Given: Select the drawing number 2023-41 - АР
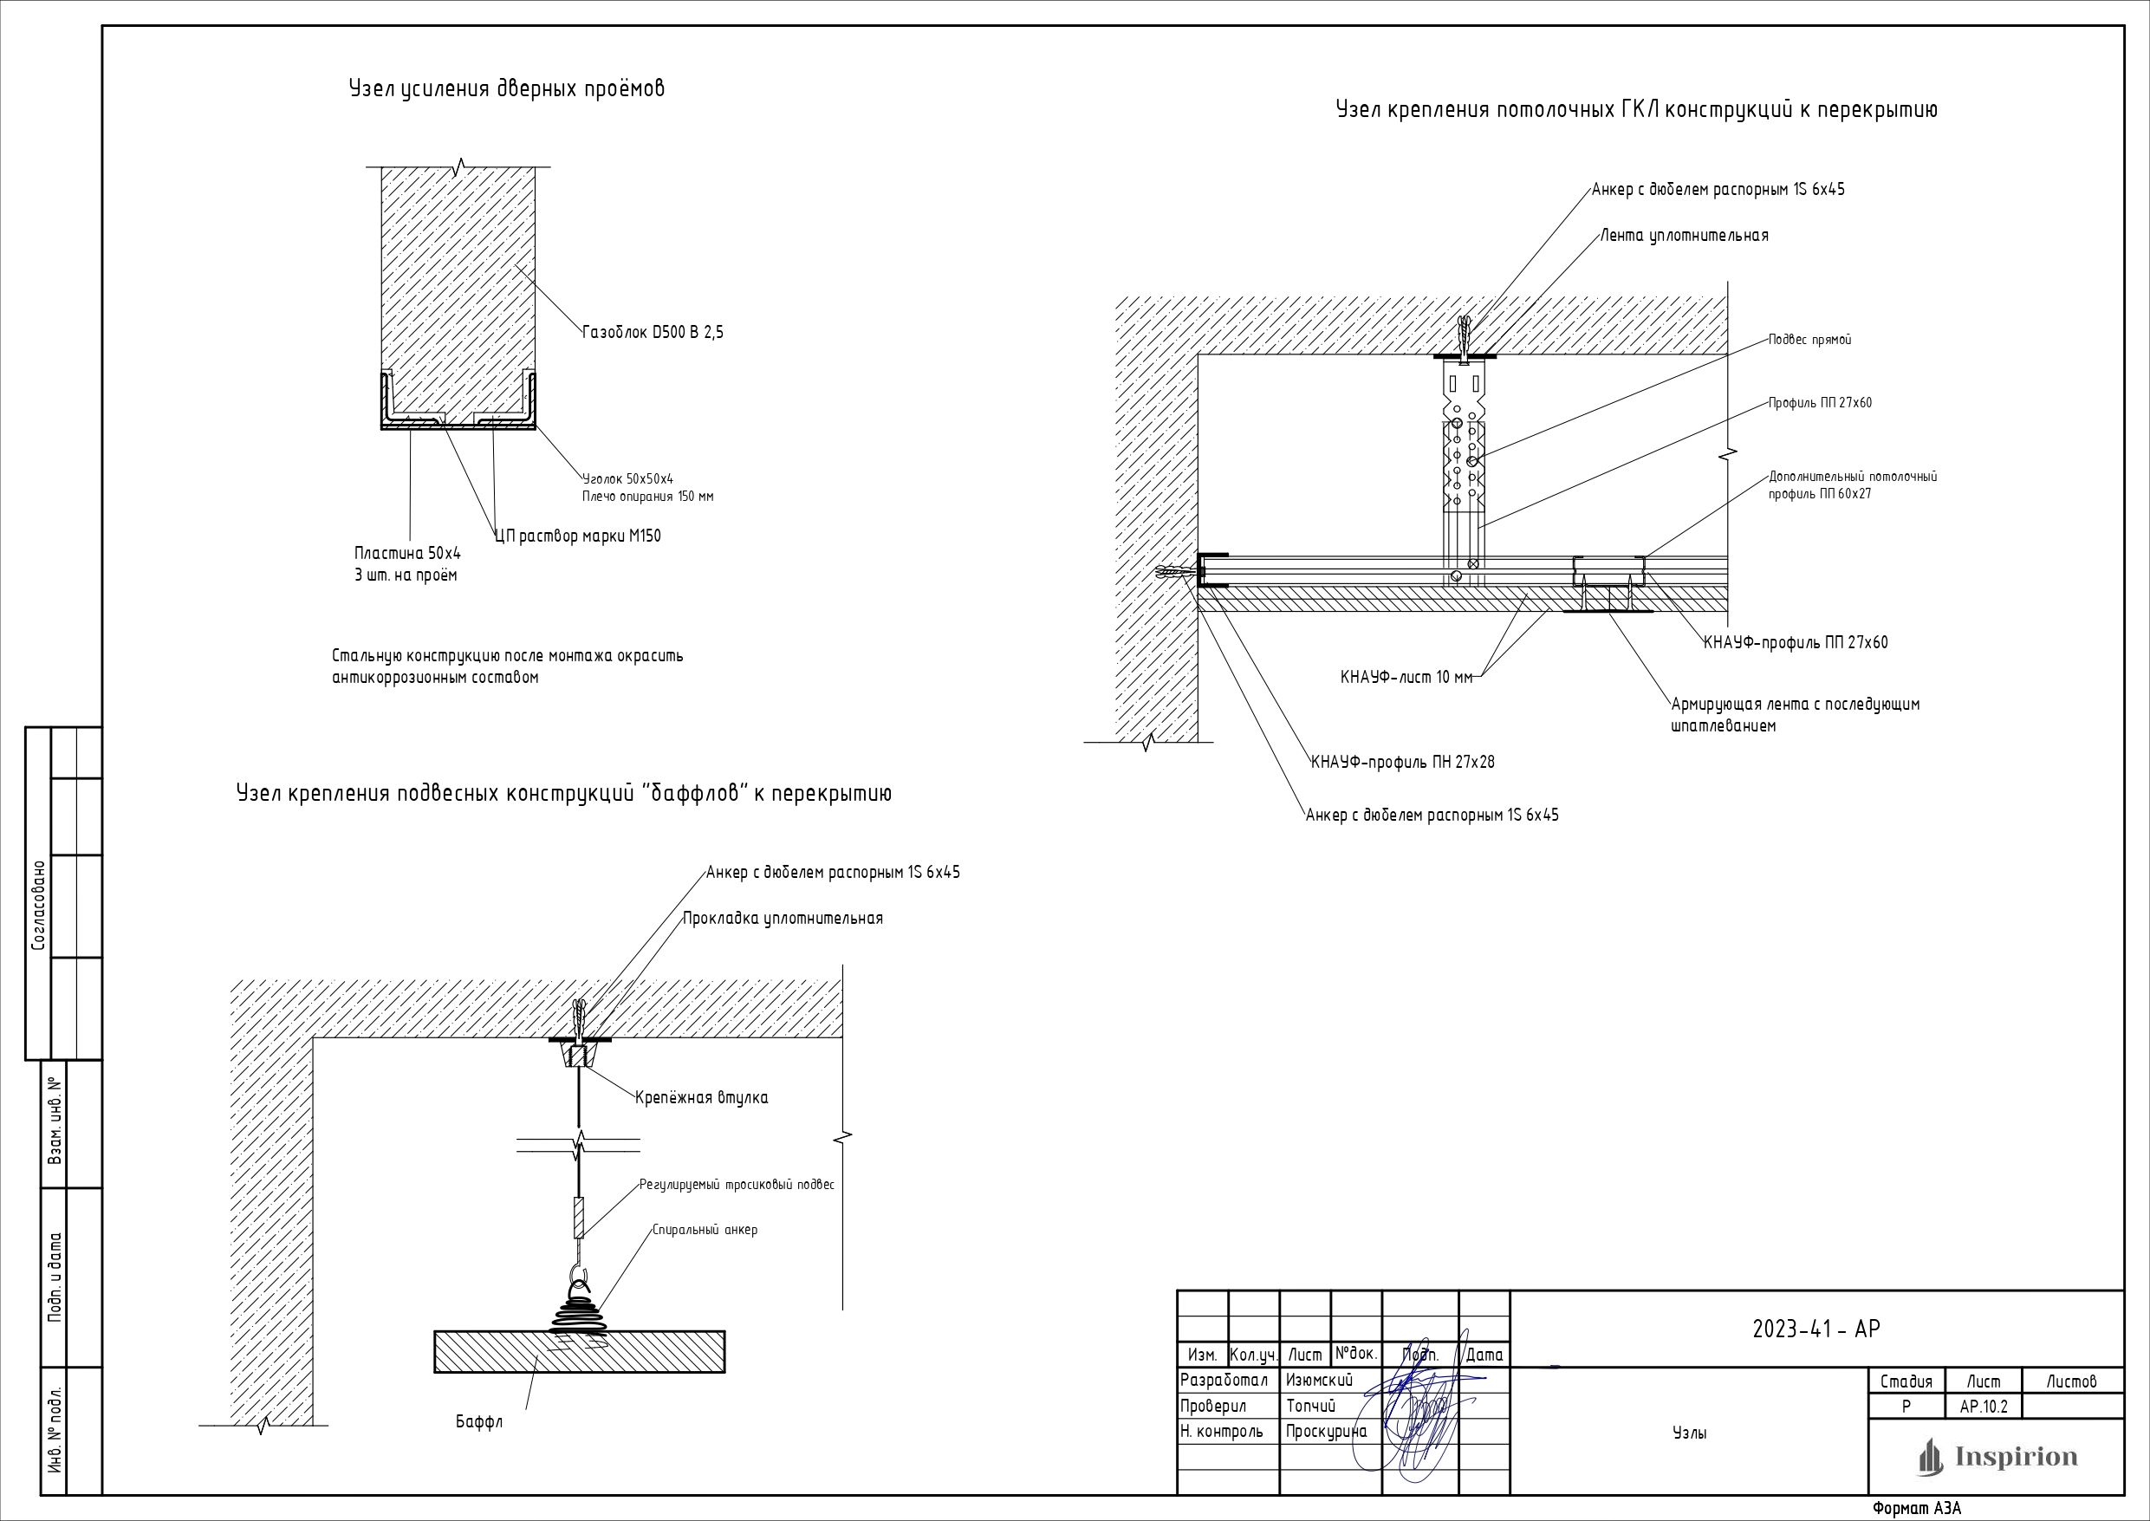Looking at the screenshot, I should [1815, 1329].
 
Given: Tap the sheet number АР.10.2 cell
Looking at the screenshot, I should [1984, 1407].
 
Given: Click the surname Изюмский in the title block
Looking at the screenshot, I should [1320, 1380].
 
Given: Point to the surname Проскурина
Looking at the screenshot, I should [1326, 1431].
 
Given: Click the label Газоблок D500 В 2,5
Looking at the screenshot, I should [653, 333].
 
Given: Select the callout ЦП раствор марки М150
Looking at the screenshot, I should [578, 536].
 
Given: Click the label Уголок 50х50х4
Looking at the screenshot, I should [627, 478].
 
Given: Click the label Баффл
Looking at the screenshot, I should [479, 1421].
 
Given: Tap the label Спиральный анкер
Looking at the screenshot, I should [705, 1230].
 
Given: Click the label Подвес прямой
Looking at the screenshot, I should [1809, 340].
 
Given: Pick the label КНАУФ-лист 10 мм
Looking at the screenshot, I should [1406, 678].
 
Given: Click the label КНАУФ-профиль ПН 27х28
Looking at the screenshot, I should [1403, 763].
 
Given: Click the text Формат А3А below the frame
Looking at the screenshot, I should [1916, 1509].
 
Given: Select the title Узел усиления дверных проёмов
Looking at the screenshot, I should [507, 89].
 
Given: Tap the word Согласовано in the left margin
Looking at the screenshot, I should [38, 906].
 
